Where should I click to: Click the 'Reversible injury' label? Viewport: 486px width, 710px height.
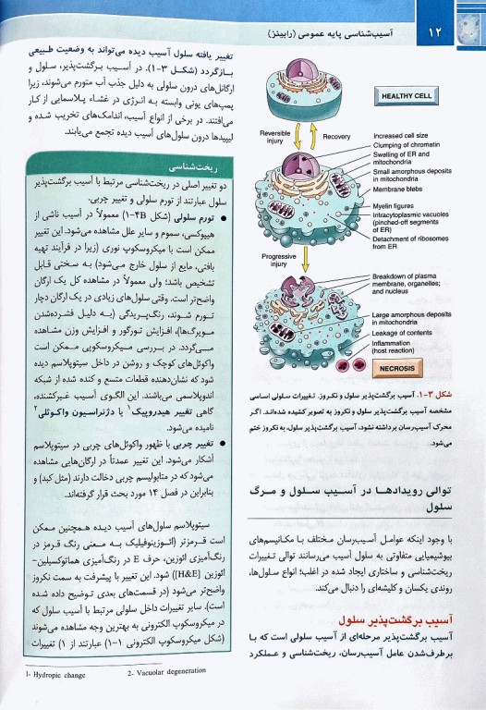[273, 138]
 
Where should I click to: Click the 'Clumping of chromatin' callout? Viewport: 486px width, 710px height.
[407, 144]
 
